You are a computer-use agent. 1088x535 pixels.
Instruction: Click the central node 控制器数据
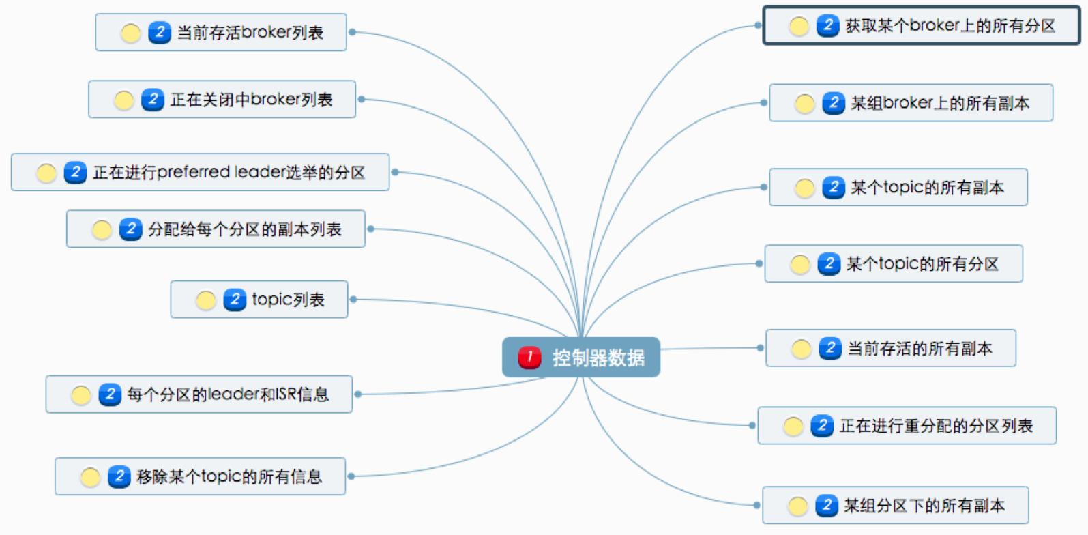pos(581,357)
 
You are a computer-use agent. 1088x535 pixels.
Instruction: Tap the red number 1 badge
pos(529,357)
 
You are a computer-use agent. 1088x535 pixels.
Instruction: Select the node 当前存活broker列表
pos(221,32)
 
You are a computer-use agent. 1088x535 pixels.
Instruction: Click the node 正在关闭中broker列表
pos(222,99)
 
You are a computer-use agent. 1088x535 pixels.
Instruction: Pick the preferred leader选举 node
pos(200,172)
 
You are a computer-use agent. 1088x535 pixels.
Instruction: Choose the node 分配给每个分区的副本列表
pos(216,229)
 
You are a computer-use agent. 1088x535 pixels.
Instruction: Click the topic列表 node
pos(259,300)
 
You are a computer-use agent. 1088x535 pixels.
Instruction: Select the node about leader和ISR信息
pos(199,394)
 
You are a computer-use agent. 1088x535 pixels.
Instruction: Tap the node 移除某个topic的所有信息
pos(200,476)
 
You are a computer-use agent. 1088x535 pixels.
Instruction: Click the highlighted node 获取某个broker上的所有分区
pos(922,25)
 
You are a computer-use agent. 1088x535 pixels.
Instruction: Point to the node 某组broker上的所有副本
pos(911,102)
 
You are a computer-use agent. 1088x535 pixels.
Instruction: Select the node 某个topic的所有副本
pos(898,187)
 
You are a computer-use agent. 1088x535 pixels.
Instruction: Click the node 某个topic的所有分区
pos(894,263)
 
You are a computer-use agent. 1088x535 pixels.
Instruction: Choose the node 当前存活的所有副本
pos(891,348)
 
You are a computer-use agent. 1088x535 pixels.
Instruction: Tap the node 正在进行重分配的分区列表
pos(907,425)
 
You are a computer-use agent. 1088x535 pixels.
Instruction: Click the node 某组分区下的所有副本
pos(895,505)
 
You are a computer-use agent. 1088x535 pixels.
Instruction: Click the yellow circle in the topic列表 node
pos(205,300)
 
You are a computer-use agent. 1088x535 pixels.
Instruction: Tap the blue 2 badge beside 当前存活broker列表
pos(160,33)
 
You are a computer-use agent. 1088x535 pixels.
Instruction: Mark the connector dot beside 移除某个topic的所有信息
pos(351,476)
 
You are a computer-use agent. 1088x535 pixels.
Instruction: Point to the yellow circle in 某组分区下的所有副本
pos(797,506)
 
